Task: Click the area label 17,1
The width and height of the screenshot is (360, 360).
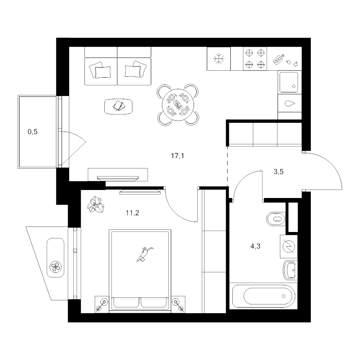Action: click(178, 156)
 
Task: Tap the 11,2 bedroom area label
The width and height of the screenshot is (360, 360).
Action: click(132, 213)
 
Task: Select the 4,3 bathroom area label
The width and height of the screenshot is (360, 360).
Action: click(255, 246)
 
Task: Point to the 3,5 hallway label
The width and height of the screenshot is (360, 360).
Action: click(278, 172)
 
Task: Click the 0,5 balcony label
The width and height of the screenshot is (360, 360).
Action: click(33, 132)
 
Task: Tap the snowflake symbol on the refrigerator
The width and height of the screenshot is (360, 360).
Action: click(218, 59)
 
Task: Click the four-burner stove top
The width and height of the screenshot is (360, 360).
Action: click(255, 58)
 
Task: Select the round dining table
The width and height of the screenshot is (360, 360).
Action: click(178, 105)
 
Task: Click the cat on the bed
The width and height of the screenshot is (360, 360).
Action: click(145, 254)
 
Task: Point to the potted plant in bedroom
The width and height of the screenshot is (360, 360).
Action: click(96, 204)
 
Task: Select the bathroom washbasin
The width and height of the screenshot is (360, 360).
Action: click(290, 270)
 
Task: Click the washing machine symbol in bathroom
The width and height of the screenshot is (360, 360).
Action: click(288, 246)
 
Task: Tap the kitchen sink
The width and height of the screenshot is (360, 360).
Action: click(289, 82)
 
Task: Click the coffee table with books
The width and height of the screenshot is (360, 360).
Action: click(118, 106)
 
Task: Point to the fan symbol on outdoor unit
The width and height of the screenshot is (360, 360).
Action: click(56, 267)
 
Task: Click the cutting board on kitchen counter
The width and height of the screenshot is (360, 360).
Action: click(278, 59)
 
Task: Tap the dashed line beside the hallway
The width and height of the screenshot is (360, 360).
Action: click(228, 167)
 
